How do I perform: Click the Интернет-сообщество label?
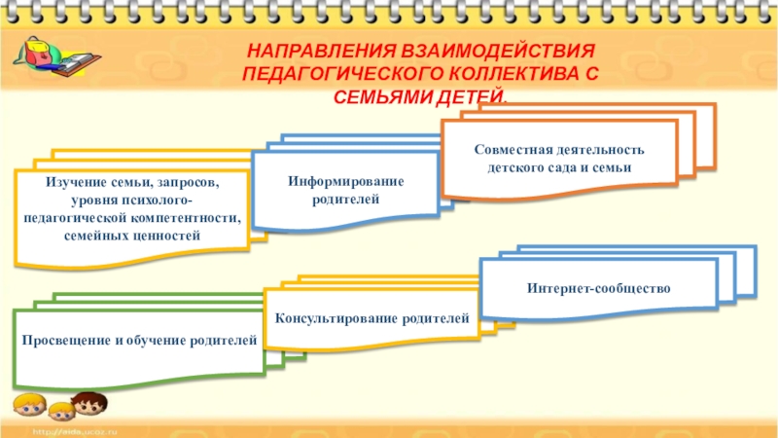coord(599,289)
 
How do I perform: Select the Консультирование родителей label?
coord(372,318)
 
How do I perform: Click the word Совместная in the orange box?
coord(514,151)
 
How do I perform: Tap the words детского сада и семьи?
coord(559,168)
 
